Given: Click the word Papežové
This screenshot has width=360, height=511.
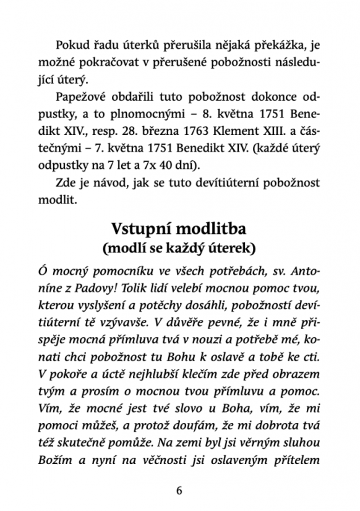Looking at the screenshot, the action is point(82,98).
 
